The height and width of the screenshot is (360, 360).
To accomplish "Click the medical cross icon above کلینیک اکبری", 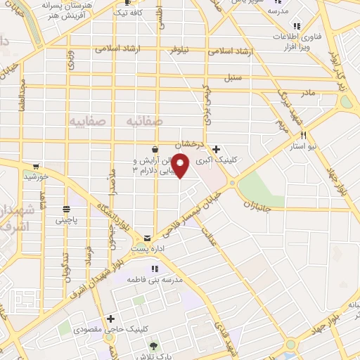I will (217, 149).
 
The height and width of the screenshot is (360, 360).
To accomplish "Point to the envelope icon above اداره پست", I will (148, 238).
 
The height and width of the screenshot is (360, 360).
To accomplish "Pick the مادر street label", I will (308, 92).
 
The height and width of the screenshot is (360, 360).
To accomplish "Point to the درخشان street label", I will (189, 143).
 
